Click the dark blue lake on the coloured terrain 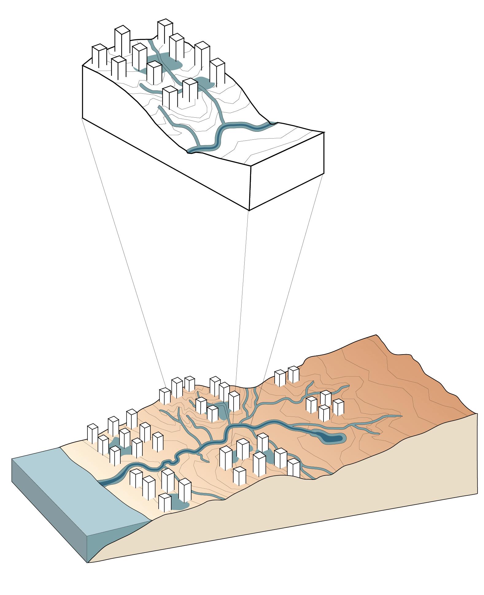330,439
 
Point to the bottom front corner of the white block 249,210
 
